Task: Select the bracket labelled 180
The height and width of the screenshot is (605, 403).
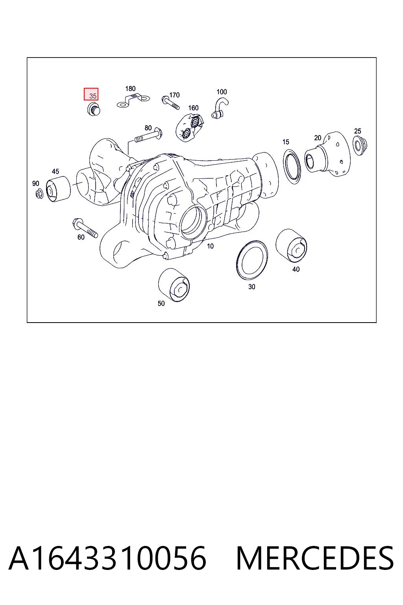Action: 133,100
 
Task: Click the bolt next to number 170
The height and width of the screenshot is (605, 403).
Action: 170,103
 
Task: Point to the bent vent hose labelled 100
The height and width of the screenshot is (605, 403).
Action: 220,109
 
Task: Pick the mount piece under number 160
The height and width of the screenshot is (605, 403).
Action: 190,128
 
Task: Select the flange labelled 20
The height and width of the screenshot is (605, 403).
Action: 327,154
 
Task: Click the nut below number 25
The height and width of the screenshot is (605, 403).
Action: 360,146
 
